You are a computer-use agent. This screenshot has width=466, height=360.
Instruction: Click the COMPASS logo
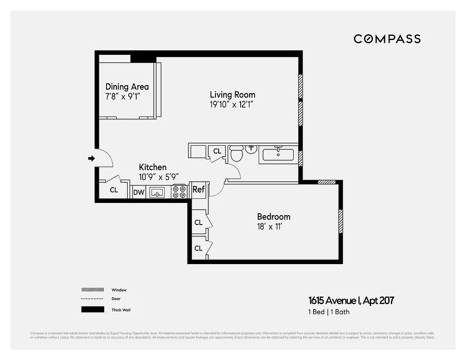[x=387, y=39]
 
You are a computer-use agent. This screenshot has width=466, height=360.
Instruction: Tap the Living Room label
[x=232, y=94]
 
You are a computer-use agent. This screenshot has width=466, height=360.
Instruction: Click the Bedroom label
[x=273, y=216]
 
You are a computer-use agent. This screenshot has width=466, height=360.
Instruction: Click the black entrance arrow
[x=91, y=158]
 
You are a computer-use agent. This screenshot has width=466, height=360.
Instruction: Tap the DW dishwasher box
[x=139, y=193]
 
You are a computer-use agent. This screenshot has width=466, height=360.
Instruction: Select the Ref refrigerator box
[x=198, y=189]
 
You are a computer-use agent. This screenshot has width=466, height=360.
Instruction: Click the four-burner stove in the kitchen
[x=179, y=192]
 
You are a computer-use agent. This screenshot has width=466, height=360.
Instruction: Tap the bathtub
[x=278, y=155]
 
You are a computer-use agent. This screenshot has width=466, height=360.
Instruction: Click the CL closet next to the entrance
[x=114, y=190]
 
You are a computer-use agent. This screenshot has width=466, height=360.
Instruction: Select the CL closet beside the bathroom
[x=217, y=151]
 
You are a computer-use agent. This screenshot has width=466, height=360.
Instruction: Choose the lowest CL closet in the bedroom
[x=198, y=248]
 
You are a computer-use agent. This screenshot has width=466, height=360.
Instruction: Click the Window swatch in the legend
[x=92, y=290]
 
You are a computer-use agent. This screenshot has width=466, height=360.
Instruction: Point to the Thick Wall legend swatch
[x=92, y=310]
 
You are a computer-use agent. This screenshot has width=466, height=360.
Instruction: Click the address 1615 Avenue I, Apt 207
[x=351, y=300]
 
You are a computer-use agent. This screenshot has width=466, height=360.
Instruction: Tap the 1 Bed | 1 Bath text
[x=328, y=312]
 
